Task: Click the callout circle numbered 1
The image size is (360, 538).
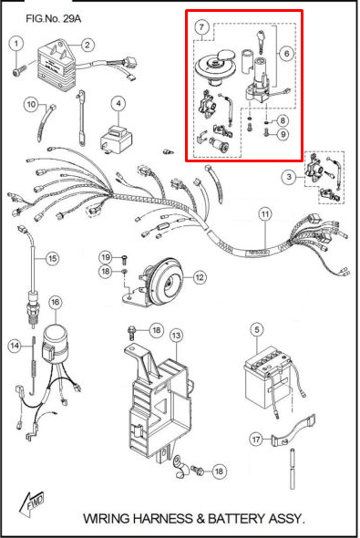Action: tap(15, 44)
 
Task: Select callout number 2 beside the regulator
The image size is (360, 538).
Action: tap(87, 45)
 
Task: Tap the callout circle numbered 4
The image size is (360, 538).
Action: tap(118, 103)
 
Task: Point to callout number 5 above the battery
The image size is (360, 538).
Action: tap(257, 330)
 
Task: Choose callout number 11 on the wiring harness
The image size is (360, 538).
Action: tap(265, 215)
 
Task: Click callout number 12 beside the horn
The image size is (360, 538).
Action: tap(200, 277)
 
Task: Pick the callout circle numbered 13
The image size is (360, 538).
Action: tap(176, 335)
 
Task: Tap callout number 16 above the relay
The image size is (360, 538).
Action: tap(56, 302)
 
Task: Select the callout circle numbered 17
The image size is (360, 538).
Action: tap(256, 440)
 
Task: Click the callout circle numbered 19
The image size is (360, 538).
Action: tap(106, 257)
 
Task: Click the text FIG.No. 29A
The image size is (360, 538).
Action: tap(54, 18)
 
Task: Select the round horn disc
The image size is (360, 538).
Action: tap(166, 282)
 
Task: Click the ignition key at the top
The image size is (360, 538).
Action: tap(261, 40)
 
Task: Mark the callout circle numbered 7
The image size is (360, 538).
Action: tap(201, 27)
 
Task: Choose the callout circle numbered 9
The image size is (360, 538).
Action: tap(283, 134)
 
